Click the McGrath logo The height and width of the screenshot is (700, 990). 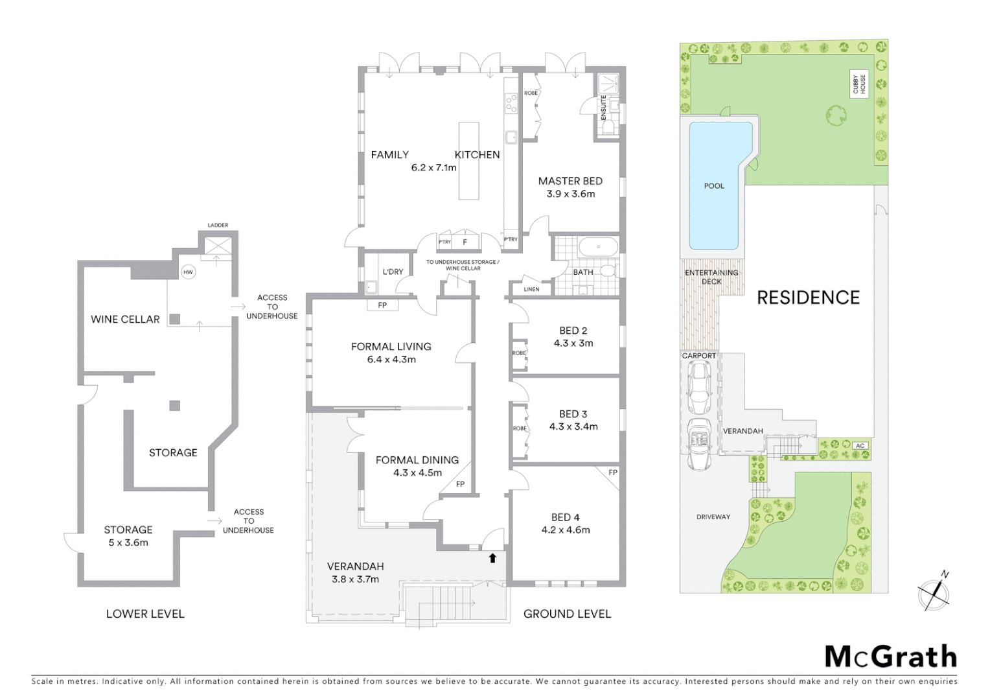point(890,657)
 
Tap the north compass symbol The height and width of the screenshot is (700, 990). point(934,593)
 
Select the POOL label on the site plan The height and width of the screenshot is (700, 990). point(714,186)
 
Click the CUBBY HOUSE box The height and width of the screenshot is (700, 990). point(859,85)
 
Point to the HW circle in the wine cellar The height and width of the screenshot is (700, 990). point(188,272)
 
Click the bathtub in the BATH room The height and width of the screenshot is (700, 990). point(598,247)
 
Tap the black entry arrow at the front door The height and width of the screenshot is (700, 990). point(492,557)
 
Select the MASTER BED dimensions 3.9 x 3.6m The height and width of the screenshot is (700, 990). point(570,194)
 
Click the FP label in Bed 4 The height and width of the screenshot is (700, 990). point(612,472)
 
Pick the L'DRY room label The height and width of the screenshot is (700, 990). point(393,272)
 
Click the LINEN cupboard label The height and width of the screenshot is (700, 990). point(531,289)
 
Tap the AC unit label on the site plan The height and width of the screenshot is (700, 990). point(860,446)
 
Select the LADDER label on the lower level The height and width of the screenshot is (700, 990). point(218,226)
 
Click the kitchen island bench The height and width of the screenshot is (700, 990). point(468,161)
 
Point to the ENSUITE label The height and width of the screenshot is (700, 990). point(603,108)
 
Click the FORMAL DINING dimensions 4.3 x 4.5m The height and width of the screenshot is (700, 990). point(417,472)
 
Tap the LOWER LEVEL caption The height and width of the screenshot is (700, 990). point(145,614)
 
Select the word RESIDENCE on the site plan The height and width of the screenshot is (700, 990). point(808,297)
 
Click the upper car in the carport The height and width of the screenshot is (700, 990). point(699,388)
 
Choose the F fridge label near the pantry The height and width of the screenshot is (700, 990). point(465,242)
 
